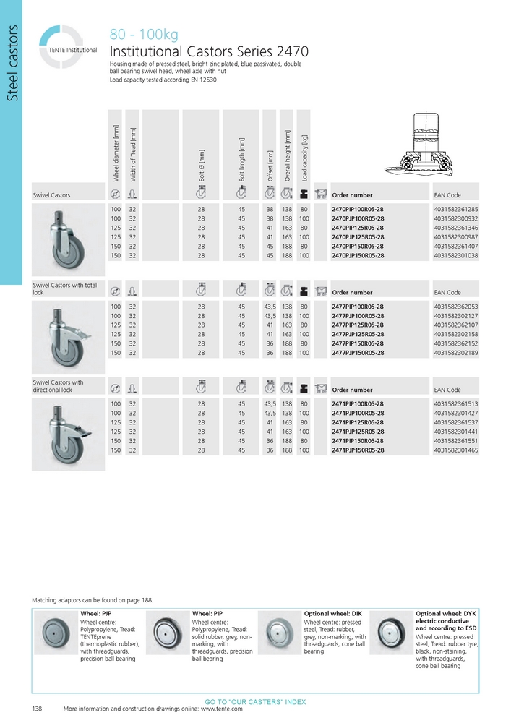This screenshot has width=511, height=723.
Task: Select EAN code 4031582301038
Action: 456,255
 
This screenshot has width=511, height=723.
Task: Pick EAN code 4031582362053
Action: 456,307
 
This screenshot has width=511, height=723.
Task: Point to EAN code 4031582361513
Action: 456,403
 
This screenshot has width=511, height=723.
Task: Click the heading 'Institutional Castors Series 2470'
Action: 209,52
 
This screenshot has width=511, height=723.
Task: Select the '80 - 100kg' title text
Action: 143,35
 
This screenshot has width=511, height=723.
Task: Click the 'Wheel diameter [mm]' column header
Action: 116,153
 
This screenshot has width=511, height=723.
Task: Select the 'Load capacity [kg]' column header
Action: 305,156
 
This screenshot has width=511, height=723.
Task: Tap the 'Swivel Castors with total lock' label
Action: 65,289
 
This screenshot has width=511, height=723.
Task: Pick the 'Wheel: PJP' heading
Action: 95,613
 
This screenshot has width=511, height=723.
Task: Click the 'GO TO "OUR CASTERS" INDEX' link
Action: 255,702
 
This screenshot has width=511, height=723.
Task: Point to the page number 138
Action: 37,709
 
